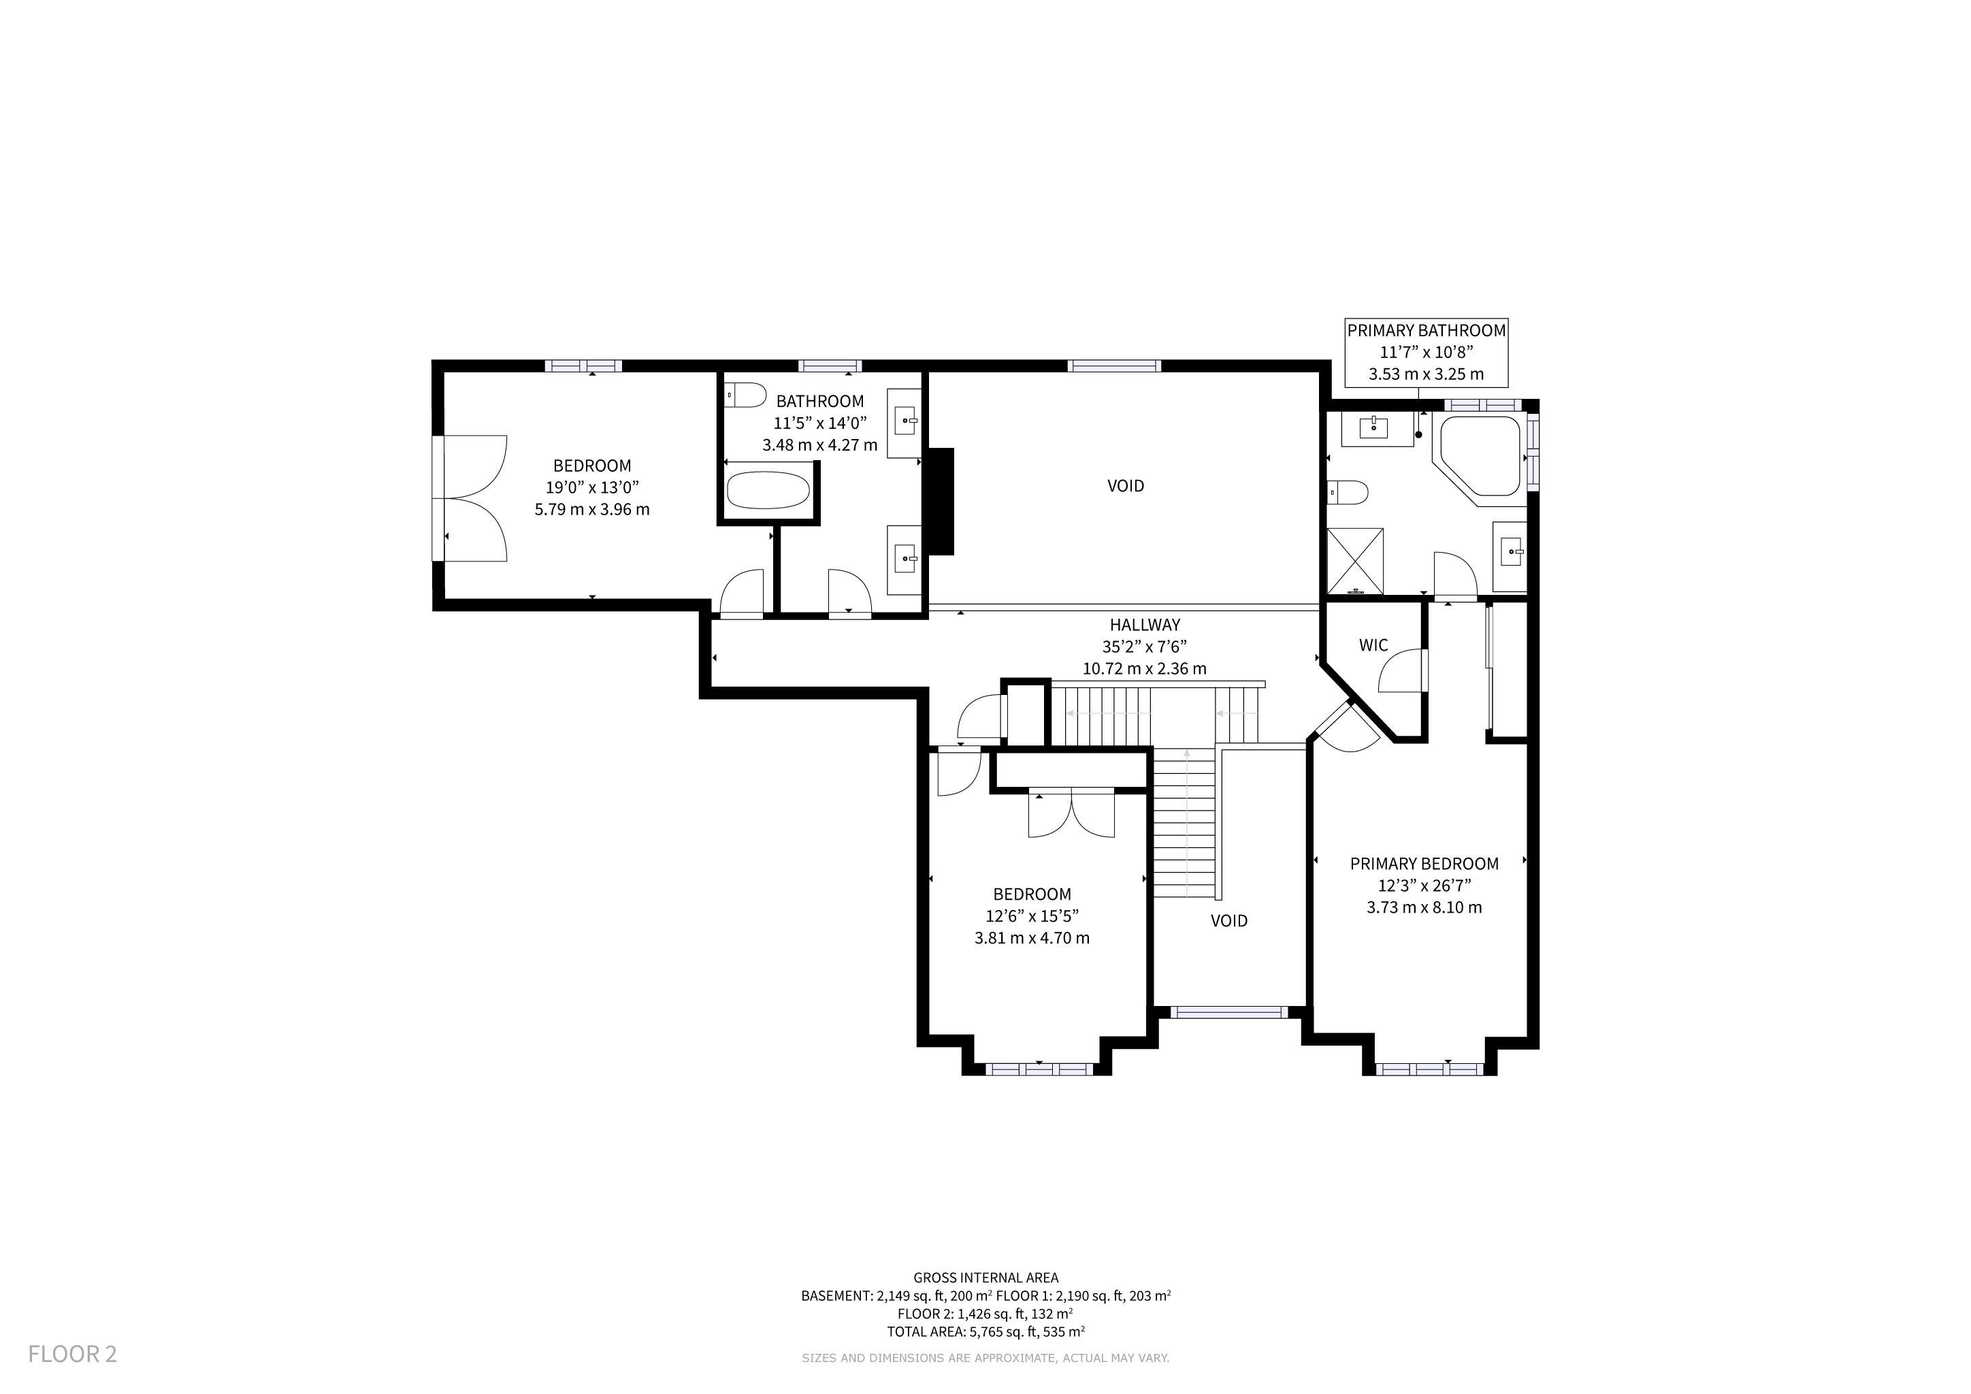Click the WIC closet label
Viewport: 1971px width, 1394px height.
pyautogui.click(x=1373, y=645)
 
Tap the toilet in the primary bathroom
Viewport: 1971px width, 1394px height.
pyautogui.click(x=1347, y=493)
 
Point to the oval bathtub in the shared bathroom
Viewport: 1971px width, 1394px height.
pyautogui.click(x=768, y=490)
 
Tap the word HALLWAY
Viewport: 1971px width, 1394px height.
pyautogui.click(x=1144, y=625)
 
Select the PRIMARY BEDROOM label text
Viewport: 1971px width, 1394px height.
pyautogui.click(x=1424, y=864)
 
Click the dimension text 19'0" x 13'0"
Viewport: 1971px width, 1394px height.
pyautogui.click(x=592, y=487)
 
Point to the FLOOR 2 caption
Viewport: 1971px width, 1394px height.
pyautogui.click(x=72, y=1354)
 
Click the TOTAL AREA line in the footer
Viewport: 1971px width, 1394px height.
pyautogui.click(x=986, y=1331)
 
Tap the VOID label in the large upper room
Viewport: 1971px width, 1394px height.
pyautogui.click(x=1126, y=486)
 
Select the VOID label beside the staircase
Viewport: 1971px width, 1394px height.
pyautogui.click(x=1229, y=920)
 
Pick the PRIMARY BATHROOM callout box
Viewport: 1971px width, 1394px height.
pyautogui.click(x=1426, y=352)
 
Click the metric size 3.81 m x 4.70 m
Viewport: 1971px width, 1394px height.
pyautogui.click(x=1032, y=938)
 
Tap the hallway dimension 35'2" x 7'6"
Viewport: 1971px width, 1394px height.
pyautogui.click(x=1144, y=647)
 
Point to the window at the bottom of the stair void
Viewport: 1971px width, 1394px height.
pyautogui.click(x=1229, y=1012)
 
